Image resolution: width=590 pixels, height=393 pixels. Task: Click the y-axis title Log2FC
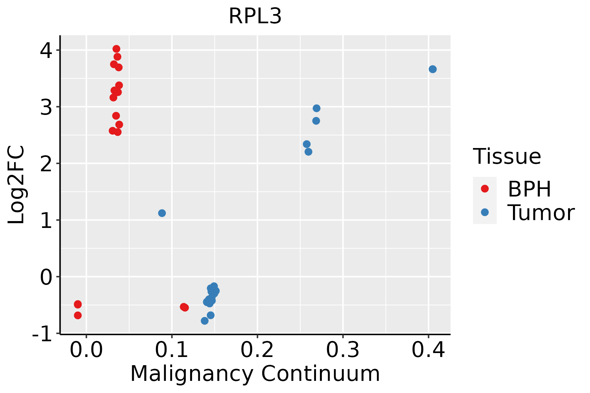point(16,185)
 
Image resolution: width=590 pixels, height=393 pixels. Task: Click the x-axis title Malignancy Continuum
point(255,374)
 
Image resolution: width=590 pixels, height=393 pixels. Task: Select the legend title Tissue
point(507,157)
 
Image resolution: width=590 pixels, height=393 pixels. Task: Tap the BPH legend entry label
point(529,189)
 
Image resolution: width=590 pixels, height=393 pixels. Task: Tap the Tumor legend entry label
point(541,213)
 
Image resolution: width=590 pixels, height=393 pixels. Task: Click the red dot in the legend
point(484,189)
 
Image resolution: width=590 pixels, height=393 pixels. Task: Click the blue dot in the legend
point(484,212)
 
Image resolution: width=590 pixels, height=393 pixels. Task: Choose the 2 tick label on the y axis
point(46,163)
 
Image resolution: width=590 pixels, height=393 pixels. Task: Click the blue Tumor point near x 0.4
point(432,69)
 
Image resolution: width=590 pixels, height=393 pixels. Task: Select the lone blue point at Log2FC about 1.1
point(162,213)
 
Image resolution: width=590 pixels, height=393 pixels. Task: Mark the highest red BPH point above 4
point(116,49)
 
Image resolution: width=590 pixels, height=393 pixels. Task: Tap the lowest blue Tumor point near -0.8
point(205,321)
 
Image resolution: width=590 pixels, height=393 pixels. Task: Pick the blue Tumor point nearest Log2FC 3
point(316,108)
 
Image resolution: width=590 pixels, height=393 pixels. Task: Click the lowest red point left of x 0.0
point(78,315)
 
